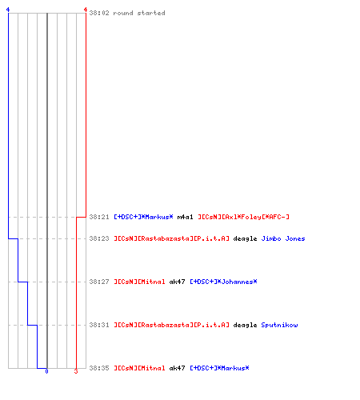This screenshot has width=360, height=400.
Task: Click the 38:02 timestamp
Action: point(99,13)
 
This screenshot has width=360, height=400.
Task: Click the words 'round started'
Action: point(139,13)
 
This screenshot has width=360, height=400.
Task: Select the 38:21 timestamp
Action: point(99,217)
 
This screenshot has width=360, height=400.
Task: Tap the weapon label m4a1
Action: point(185,217)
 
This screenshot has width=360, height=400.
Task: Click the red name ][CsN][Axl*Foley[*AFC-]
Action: point(243,217)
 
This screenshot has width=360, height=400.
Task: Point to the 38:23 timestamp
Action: point(99,238)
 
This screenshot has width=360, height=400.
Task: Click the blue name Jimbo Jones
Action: point(283,238)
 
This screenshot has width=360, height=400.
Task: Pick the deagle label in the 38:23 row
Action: point(245,239)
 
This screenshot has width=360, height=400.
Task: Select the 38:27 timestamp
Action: point(99,282)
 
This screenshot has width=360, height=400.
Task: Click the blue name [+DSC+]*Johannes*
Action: point(223,282)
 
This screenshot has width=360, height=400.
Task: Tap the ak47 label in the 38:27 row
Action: point(177,282)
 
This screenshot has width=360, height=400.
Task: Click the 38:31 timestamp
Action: point(99,325)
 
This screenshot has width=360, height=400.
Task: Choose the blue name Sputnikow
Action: point(279,325)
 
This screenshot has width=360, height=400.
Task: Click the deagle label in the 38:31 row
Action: point(245,326)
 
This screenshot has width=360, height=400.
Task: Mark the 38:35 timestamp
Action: point(99,368)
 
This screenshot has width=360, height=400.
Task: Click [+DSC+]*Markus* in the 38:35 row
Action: point(219,368)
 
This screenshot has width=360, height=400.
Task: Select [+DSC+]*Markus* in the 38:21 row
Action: point(143,217)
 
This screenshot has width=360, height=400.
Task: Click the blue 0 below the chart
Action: point(46,371)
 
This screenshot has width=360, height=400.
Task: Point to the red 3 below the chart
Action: point(76,371)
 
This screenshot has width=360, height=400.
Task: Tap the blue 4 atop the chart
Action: point(8,10)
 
